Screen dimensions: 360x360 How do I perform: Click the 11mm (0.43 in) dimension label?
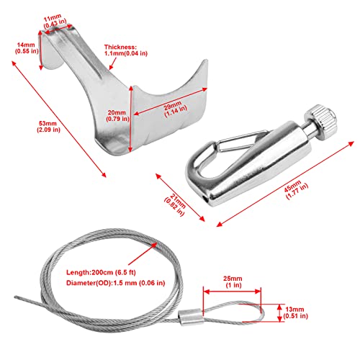coord(55,22)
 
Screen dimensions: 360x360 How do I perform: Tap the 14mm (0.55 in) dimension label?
coord(27,48)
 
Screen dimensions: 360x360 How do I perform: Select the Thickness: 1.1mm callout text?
coord(125,50)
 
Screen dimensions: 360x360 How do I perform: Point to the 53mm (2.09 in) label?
coord(48,127)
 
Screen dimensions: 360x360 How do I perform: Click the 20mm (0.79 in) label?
coord(117,116)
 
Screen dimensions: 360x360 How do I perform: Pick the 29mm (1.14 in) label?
coord(175,109)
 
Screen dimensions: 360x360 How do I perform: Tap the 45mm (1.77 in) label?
coord(296,190)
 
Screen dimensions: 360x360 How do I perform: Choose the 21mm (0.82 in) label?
coord(176,204)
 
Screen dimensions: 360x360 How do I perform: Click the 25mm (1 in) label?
coord(233,282)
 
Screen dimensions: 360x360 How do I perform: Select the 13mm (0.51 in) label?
coord(295,312)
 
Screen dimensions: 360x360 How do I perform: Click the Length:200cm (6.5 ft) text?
coord(101,272)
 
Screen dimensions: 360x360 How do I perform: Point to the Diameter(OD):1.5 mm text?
coord(115,283)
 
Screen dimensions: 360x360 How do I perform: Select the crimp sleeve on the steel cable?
coord(191,316)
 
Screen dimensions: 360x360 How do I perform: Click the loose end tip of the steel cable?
coord(15,297)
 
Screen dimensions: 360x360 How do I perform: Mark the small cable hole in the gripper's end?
coord(205,199)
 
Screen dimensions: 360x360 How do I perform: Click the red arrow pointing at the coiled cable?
coord(143,253)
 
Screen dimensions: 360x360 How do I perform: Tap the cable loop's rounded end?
coord(262,312)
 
